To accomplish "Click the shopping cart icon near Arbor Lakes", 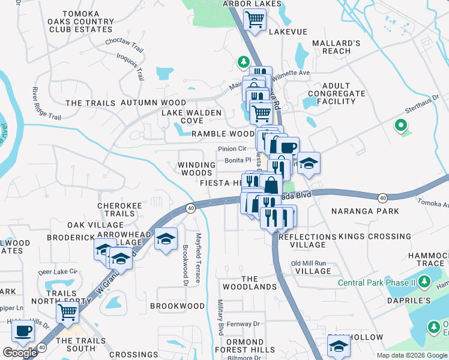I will [255, 20].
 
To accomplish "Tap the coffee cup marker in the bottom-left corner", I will [24, 330].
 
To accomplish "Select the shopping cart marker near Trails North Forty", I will [68, 312].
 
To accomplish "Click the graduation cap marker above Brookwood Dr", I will [165, 239].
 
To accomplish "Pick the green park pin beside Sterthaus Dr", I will [400, 126].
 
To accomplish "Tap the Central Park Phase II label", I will [376, 283].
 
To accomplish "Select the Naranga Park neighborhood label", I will [361, 211].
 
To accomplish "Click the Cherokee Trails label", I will [119, 209].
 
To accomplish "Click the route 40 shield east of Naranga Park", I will [382, 197].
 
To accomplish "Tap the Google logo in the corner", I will [20, 352].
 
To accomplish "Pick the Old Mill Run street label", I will [308, 263].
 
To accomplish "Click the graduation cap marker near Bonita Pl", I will [309, 163].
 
